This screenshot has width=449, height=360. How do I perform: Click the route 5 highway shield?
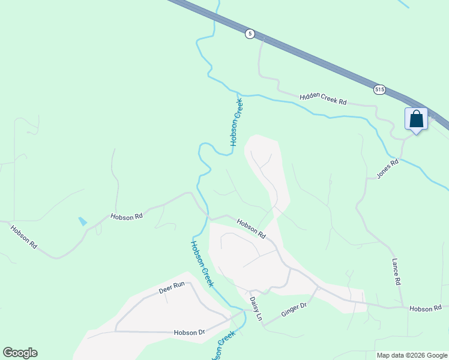pyautogui.click(x=250, y=34)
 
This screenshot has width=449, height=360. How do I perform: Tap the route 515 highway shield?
pyautogui.click(x=379, y=89)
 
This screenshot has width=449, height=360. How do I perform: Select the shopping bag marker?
pyautogui.click(x=417, y=119)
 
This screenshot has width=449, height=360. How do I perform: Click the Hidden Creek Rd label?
pyautogui.click(x=323, y=98)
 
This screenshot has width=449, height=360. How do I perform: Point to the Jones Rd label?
pyautogui.click(x=387, y=169)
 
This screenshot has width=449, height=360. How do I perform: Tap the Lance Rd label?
pyautogui.click(x=396, y=272)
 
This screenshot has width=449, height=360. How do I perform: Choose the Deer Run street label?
pyautogui.click(x=172, y=289)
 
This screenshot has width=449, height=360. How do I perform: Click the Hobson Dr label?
pyautogui.click(x=190, y=332)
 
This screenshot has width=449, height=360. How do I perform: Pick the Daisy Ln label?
pyautogui.click(x=256, y=308)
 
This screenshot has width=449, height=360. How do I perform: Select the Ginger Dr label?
pyautogui.click(x=294, y=310)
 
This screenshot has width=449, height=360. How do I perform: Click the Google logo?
pyautogui.click(x=20, y=353)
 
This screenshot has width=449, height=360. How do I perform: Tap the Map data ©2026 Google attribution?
pyautogui.click(x=412, y=355)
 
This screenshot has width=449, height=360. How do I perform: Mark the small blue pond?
pyautogui.click(x=82, y=221)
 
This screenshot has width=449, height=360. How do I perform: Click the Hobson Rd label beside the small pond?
pyautogui.click(x=126, y=216)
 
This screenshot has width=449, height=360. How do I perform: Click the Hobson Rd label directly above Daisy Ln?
pyautogui.click(x=251, y=229)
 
